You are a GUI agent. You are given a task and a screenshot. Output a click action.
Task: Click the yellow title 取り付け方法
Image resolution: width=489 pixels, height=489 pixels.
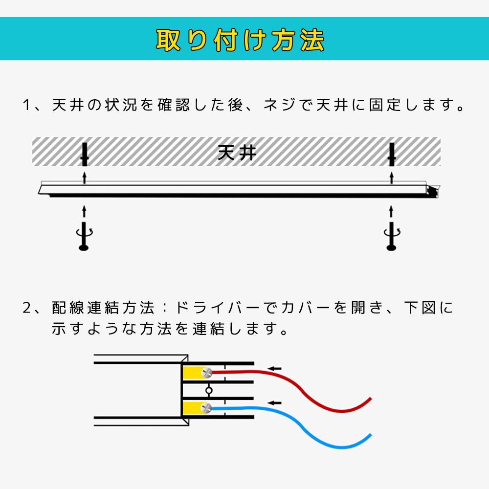pyautogui.click(x=240, y=40)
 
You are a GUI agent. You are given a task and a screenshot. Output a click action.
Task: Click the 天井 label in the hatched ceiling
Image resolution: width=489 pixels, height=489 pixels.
pyautogui.click(x=237, y=153)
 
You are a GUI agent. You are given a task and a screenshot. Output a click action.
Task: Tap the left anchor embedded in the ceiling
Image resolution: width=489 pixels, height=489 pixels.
pyautogui.click(x=84, y=155)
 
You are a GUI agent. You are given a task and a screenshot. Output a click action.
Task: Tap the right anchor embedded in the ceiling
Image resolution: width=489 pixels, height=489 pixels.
pyautogui.click(x=392, y=155)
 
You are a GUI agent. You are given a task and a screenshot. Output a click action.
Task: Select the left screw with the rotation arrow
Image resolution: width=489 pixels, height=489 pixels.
pyautogui.click(x=84, y=236)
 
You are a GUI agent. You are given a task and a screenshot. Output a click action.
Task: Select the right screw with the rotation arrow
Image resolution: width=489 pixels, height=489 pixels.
pyautogui.click(x=392, y=236)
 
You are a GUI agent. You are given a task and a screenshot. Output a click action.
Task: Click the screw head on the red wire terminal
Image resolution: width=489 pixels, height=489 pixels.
pyautogui.click(x=206, y=372)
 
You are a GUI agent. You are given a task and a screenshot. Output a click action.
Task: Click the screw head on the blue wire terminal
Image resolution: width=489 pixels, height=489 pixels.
pyautogui.click(x=206, y=408)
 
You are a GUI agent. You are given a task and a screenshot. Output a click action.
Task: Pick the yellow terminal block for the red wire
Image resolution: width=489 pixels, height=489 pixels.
pyautogui.click(x=193, y=373)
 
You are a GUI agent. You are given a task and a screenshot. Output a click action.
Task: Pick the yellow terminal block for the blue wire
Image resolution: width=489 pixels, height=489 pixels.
pyautogui.click(x=193, y=408)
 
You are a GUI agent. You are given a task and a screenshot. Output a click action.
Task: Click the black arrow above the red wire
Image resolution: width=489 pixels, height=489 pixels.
pyautogui.click(x=275, y=368)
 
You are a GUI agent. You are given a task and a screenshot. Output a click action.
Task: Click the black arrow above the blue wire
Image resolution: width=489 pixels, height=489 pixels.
pyautogui.click(x=275, y=403)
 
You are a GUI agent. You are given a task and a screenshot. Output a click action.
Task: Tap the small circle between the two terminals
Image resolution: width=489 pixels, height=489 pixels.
pyautogui.click(x=209, y=390)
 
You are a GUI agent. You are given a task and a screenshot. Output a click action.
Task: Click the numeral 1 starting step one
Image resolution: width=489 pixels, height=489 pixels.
pyautogui.click(x=26, y=105)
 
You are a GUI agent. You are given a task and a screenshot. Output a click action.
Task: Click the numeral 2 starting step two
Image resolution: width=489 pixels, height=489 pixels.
pyautogui.click(x=27, y=308)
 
